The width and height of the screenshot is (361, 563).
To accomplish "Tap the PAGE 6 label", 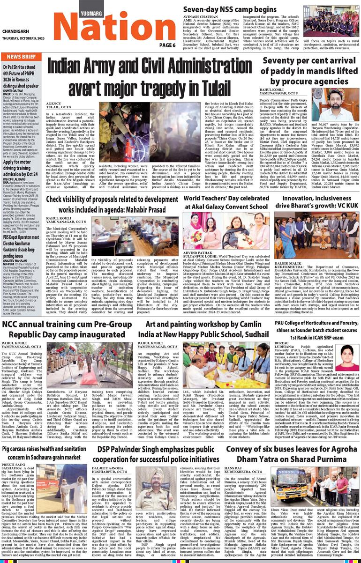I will tap(166, 45).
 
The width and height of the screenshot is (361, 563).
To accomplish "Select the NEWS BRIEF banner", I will tap(23, 57).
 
